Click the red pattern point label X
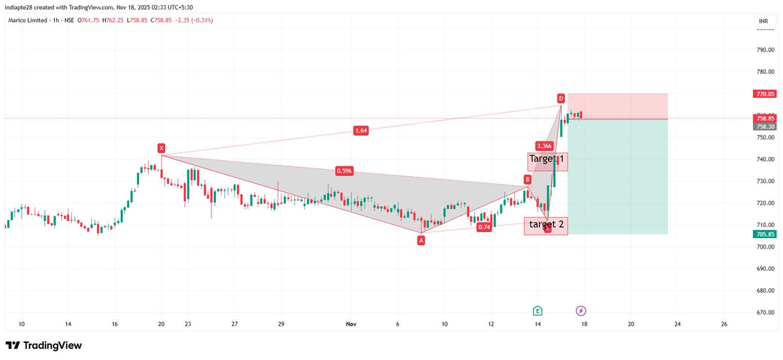(x=161, y=148)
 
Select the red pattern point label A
(x=421, y=240)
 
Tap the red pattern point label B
(x=527, y=179)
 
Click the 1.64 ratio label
(x=361, y=130)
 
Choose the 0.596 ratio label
(x=344, y=171)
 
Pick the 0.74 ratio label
(x=484, y=227)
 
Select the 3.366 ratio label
(x=544, y=145)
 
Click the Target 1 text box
(x=547, y=160)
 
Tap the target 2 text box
(x=547, y=225)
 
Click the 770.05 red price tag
(x=764, y=94)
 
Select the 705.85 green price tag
(x=764, y=234)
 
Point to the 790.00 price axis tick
(x=765, y=50)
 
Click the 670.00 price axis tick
(x=765, y=312)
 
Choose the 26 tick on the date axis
(x=724, y=323)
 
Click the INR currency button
(x=763, y=22)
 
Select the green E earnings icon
(x=538, y=310)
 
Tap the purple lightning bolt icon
(x=581, y=310)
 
